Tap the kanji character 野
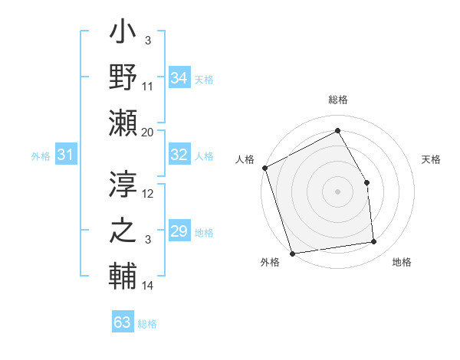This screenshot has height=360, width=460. (x=123, y=78)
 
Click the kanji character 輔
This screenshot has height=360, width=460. (x=123, y=274)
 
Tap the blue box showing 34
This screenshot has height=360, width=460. (x=179, y=78)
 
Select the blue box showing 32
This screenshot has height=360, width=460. (x=179, y=155)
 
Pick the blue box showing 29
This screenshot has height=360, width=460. (x=179, y=231)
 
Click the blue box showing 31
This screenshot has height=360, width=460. (x=65, y=155)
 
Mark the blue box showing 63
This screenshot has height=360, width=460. (x=123, y=322)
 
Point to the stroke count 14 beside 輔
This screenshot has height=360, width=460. (x=148, y=286)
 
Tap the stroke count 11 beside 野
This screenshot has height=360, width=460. (x=148, y=87)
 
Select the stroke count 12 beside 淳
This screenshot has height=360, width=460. (x=148, y=194)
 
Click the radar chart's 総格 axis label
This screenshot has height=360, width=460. (x=338, y=100)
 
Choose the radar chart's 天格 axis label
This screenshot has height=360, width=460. (x=432, y=159)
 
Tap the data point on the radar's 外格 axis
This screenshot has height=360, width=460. (x=292, y=254)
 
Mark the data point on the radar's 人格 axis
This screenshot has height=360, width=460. (x=264, y=168)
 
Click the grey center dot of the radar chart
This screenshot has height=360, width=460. (x=338, y=191)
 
